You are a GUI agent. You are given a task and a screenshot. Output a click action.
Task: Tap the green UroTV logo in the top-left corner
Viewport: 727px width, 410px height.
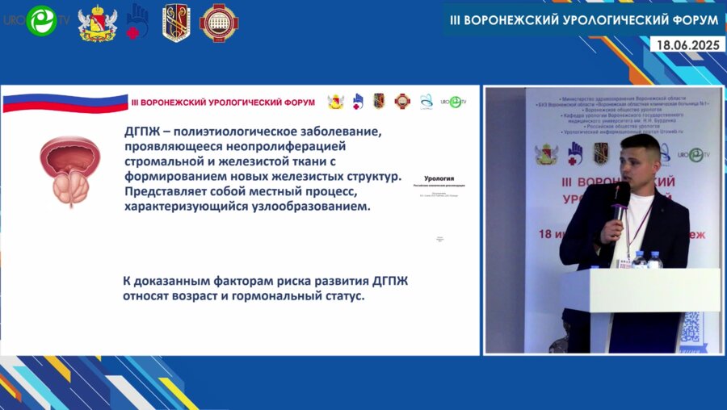[40, 20]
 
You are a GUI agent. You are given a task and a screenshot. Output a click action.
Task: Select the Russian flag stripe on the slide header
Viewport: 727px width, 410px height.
[65, 103]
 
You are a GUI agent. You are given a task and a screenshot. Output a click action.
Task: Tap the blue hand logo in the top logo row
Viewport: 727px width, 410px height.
[137, 21]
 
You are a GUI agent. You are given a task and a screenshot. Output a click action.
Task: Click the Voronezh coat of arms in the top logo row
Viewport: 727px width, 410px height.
[97, 23]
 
